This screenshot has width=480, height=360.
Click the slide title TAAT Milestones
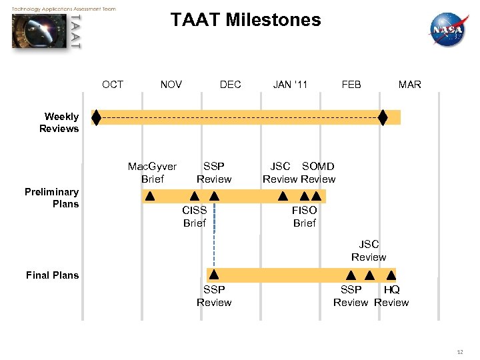245,20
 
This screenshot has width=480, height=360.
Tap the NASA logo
448,30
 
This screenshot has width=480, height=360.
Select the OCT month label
113,84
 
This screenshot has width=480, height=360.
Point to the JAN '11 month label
290,84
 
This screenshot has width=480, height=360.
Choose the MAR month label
409,84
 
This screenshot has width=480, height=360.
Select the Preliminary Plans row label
51,198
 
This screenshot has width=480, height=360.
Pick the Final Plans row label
52,275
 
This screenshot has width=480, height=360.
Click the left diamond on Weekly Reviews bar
96,117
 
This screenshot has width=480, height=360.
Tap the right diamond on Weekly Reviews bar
383,117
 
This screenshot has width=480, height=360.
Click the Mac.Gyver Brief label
152,173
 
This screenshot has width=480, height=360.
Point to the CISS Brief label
194,217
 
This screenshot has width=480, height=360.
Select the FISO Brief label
304,217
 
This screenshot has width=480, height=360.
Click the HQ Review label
391,296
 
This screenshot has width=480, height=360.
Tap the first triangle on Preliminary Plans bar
150,197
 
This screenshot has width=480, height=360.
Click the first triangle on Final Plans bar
214,274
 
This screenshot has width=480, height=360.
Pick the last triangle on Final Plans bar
389,274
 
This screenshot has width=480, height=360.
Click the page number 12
460,351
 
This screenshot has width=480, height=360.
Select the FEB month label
351,84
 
